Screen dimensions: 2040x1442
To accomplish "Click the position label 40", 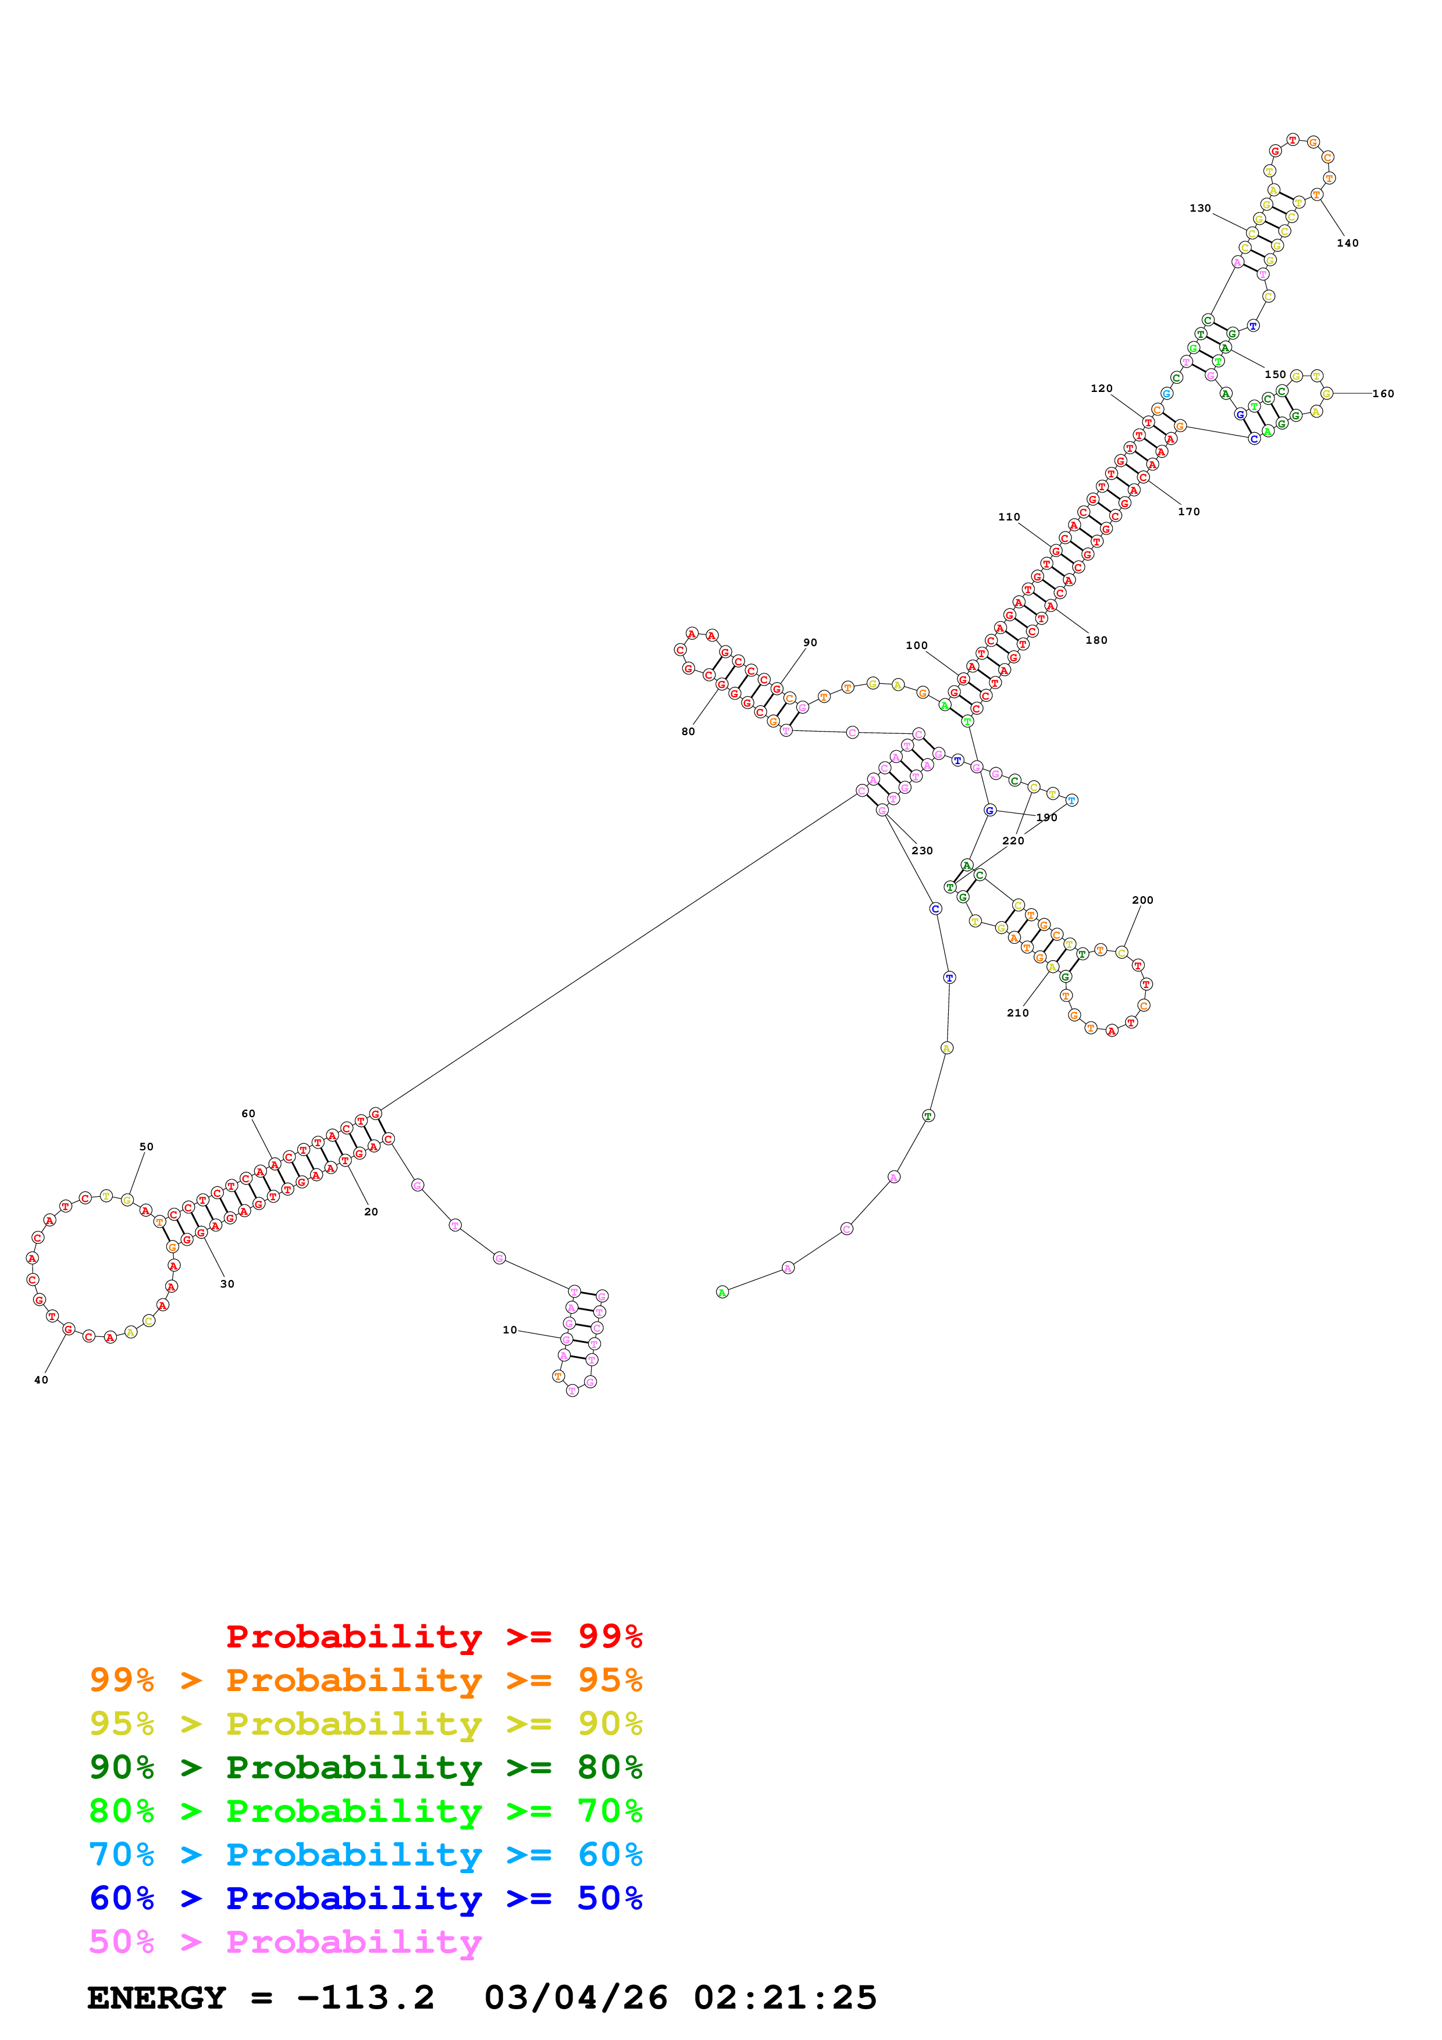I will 41,1380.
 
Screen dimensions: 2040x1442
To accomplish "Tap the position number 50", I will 147,1146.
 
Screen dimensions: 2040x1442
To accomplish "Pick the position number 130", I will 1201,208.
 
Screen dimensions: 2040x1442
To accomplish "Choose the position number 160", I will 1383,394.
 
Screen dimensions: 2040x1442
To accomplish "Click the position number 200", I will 1142,900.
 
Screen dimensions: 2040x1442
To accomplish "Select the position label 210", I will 1018,1013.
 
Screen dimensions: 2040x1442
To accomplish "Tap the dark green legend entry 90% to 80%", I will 365,1767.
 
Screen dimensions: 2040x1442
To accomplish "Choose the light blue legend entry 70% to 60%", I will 365,1854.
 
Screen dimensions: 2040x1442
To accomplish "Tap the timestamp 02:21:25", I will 785,1998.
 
